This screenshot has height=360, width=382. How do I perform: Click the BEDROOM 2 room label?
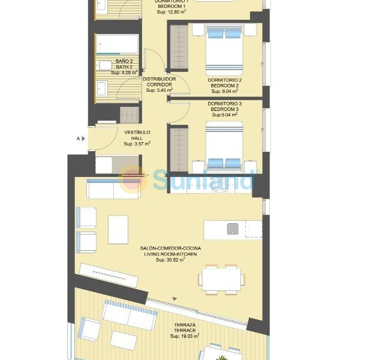225,86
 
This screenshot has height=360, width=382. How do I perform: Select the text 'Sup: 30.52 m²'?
170,260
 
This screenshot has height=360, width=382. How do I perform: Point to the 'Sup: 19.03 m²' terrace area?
185,336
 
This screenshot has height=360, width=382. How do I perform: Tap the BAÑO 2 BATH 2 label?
124,66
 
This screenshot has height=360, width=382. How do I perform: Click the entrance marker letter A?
78,139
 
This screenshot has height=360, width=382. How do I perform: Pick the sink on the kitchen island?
233,229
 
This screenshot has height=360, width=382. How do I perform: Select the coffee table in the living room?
118,229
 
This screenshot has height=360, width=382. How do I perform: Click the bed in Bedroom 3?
225,147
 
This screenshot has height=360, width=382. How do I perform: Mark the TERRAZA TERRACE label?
185,326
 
